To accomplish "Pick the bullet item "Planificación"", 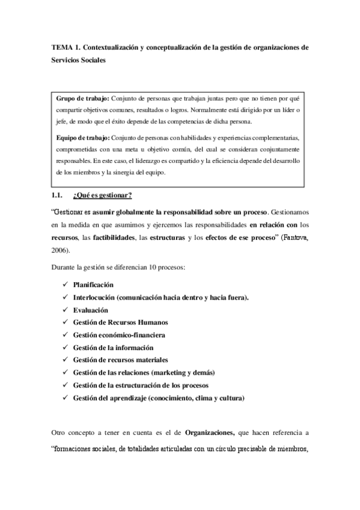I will (93, 284).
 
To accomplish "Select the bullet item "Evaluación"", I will (91, 310).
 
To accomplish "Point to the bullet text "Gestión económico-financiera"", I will (118, 335).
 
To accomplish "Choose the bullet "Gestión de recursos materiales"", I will (120, 360).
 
